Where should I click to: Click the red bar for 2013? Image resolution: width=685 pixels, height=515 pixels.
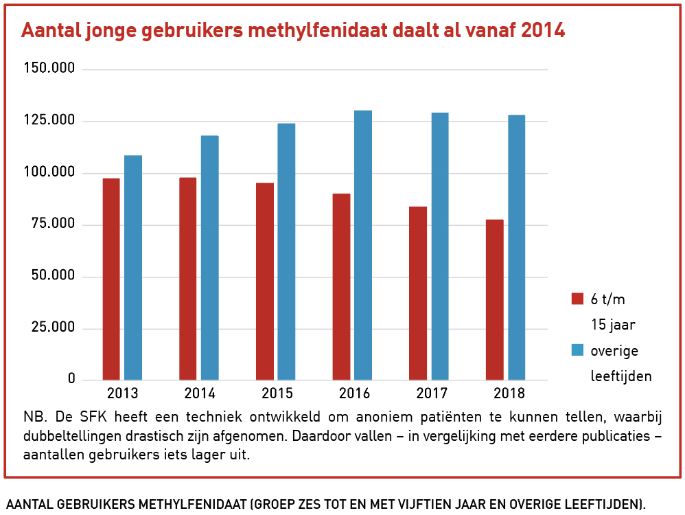tap(111, 279)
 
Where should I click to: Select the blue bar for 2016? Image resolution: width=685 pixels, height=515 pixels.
tap(363, 245)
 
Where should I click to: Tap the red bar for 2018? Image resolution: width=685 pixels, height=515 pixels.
tap(494, 299)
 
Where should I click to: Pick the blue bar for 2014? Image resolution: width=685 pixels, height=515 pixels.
tap(209, 257)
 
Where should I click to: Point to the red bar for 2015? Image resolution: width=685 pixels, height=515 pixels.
tap(264, 282)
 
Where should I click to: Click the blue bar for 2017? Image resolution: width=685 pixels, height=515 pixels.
tap(440, 246)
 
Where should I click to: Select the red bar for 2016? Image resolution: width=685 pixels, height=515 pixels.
tap(341, 286)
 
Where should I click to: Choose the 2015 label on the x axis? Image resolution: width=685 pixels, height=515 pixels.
tap(277, 393)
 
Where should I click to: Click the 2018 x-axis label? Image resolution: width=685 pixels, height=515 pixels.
tap(509, 393)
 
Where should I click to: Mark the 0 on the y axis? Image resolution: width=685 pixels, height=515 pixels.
tap(71, 380)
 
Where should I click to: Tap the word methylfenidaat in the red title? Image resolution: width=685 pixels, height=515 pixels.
tap(321, 31)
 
